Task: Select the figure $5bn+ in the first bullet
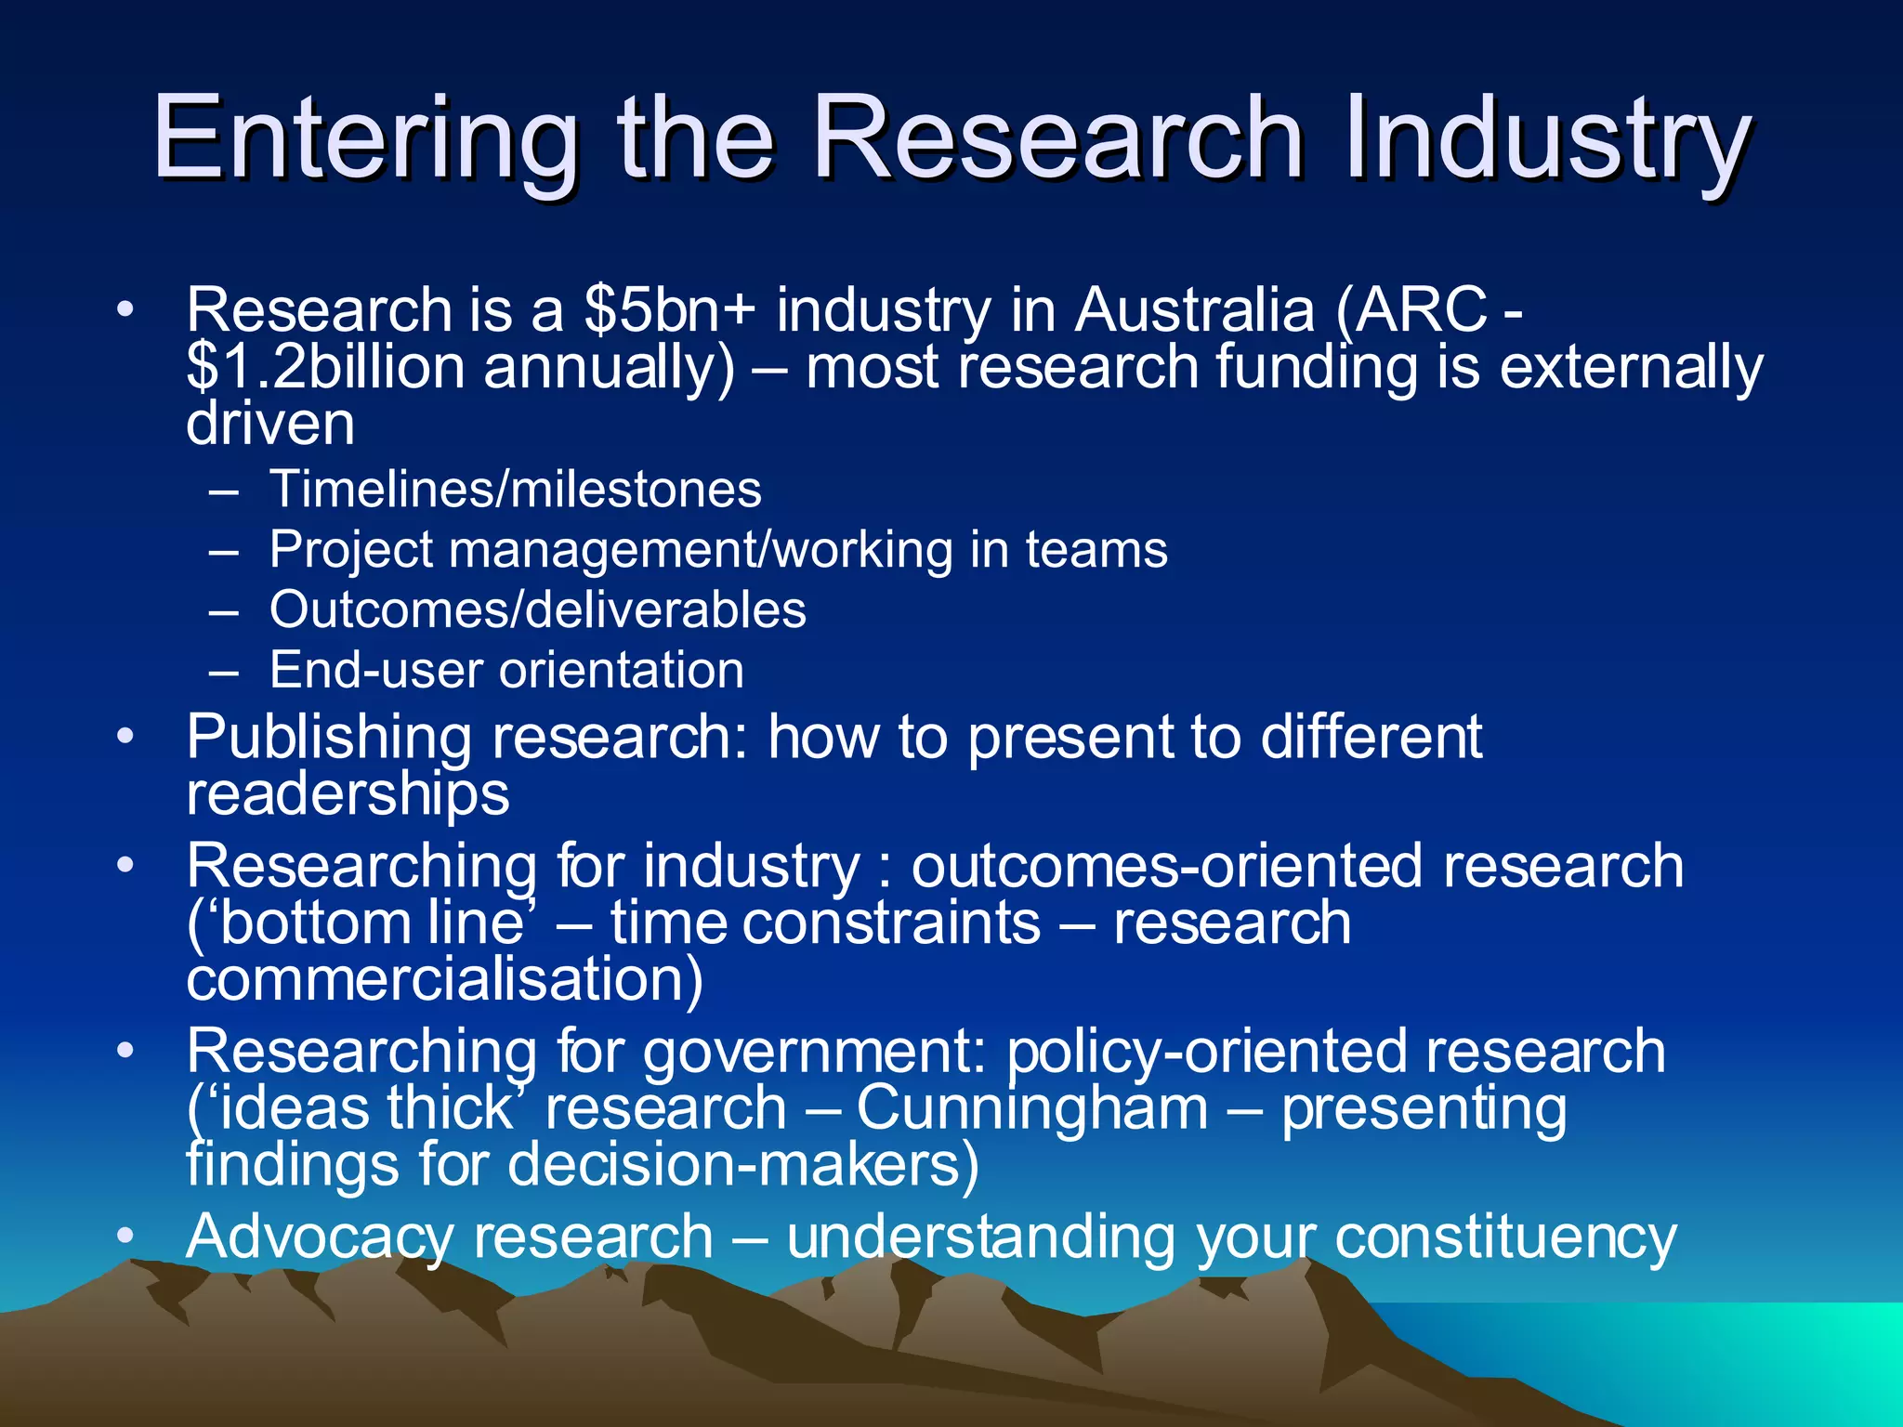(670, 309)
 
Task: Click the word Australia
(1195, 309)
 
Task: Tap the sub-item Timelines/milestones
(516, 490)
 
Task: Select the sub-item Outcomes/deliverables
(538, 610)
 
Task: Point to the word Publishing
(329, 738)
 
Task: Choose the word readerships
(348, 795)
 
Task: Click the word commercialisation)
(445, 979)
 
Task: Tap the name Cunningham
(1032, 1108)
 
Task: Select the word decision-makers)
(743, 1165)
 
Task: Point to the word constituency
(1505, 1237)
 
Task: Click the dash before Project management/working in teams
(224, 551)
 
